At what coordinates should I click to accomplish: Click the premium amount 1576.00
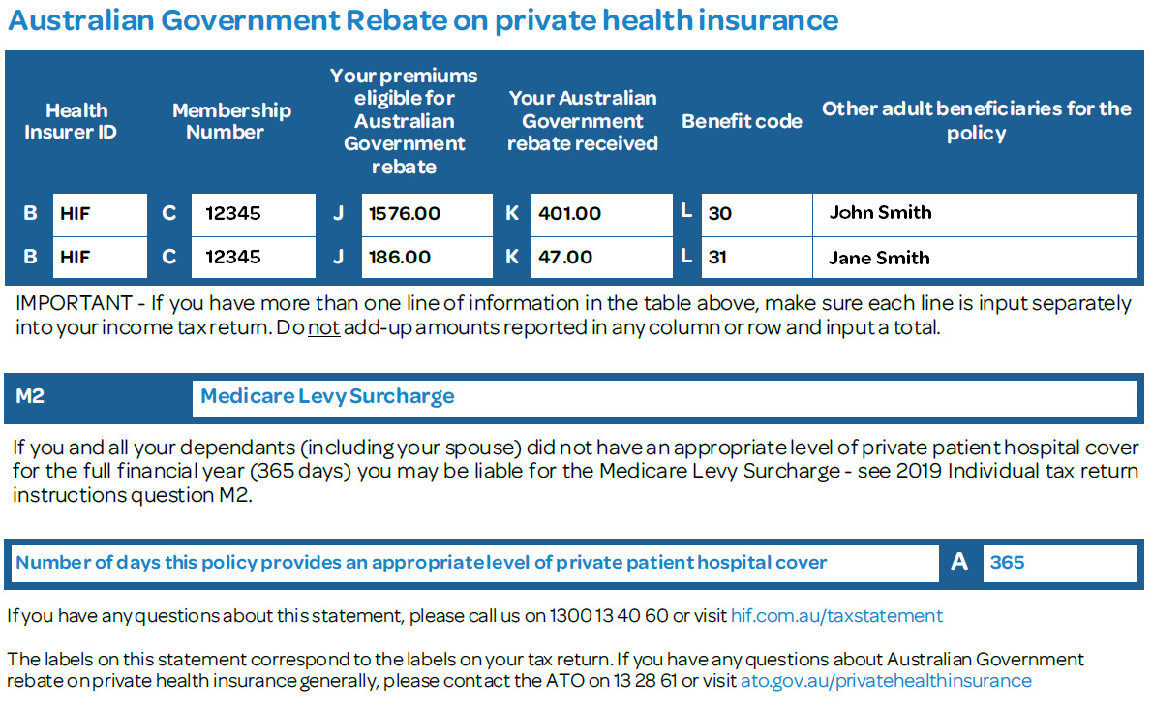[404, 214]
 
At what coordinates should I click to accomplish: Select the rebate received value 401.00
[569, 214]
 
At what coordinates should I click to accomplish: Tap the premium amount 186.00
[400, 258]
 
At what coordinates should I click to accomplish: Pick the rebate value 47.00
[565, 258]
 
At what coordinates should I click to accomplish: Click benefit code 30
[720, 214]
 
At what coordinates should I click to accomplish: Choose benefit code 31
[717, 258]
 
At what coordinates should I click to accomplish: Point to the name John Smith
[880, 212]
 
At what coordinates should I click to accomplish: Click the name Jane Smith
[879, 258]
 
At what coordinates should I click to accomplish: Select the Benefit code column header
[743, 121]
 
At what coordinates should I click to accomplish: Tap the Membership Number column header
[231, 121]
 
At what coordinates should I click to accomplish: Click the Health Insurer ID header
[72, 121]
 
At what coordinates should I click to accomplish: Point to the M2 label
[30, 396]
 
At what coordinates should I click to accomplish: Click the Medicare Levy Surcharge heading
[327, 396]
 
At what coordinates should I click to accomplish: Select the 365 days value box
[1059, 563]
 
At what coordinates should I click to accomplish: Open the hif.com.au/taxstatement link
[836, 616]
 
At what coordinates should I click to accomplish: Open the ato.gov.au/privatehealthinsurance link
[886, 681]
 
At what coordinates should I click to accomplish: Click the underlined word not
[323, 327]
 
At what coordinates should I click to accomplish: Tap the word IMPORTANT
[74, 303]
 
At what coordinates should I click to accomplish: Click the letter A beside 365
[959, 562]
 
